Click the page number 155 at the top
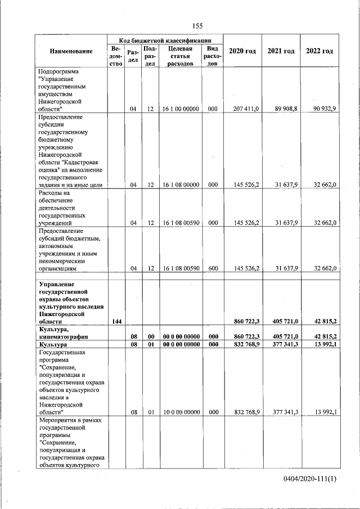coord(197,26)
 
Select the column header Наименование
coord(71,52)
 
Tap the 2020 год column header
coord(242,51)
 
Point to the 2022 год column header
coord(319,51)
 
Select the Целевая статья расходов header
coord(181,56)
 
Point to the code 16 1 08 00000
coord(181,184)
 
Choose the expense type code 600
coord(213,269)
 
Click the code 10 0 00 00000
coord(181,412)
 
